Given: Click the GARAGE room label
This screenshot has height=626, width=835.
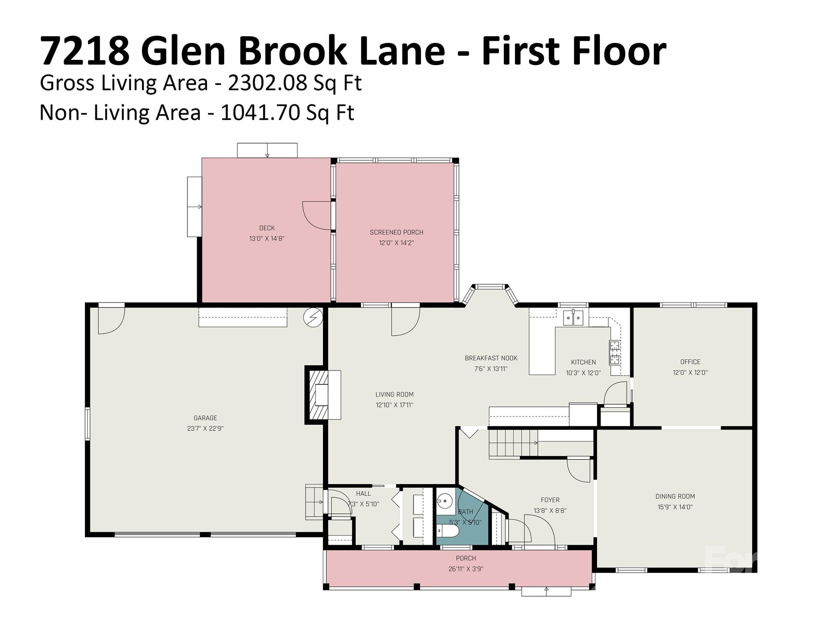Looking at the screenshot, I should pos(205,418).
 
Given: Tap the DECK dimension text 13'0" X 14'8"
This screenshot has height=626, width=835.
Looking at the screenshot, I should pos(267,239).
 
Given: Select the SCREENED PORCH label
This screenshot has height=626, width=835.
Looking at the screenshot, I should pos(396,232).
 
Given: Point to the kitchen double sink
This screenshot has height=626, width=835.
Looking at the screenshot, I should pos(573,317).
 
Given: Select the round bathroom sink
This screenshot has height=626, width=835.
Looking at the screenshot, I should pos(445,500).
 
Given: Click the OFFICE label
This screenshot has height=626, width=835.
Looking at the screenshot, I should pos(690,362).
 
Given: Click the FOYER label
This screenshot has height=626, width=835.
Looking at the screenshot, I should pos(550,500).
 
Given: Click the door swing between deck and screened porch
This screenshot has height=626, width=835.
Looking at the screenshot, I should pos(317,215).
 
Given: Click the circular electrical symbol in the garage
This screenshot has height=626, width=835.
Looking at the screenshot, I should pos(313,317).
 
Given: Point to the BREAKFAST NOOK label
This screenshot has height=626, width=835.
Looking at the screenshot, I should pos(491,358).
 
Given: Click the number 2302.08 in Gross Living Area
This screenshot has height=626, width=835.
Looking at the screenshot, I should pos(267,83).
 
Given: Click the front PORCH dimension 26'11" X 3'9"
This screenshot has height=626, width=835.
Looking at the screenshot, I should pos(466,569).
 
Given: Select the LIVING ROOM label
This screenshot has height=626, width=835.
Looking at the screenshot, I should pos(394,395).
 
